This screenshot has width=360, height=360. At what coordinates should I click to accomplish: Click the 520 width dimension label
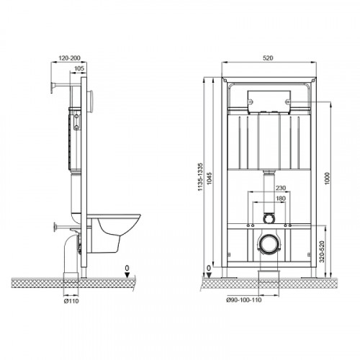[x=268, y=58]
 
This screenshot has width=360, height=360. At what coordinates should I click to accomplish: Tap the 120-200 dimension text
[x=69, y=58]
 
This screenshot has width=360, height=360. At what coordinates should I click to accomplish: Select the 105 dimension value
[x=79, y=68]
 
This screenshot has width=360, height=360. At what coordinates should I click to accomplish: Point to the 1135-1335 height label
[x=200, y=177]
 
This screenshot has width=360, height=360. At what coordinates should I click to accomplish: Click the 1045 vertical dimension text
[x=210, y=179]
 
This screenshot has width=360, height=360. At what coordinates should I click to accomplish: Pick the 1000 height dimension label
[x=328, y=179]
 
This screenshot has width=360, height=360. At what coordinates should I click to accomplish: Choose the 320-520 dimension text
[x=322, y=251]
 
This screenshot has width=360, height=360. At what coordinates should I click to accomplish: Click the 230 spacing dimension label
[x=281, y=188]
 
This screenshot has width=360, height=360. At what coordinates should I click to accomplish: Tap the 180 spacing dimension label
[x=281, y=199]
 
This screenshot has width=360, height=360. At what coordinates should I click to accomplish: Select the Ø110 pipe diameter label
[x=71, y=301]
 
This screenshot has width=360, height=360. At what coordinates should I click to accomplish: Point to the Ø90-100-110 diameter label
[x=244, y=300]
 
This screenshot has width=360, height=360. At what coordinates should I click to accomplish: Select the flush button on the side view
[x=90, y=102]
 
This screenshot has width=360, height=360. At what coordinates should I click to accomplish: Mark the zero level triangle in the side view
[x=127, y=275]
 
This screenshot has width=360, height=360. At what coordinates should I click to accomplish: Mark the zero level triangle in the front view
[x=209, y=275]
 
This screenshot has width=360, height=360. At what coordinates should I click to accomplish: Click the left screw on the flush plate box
[x=251, y=102]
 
